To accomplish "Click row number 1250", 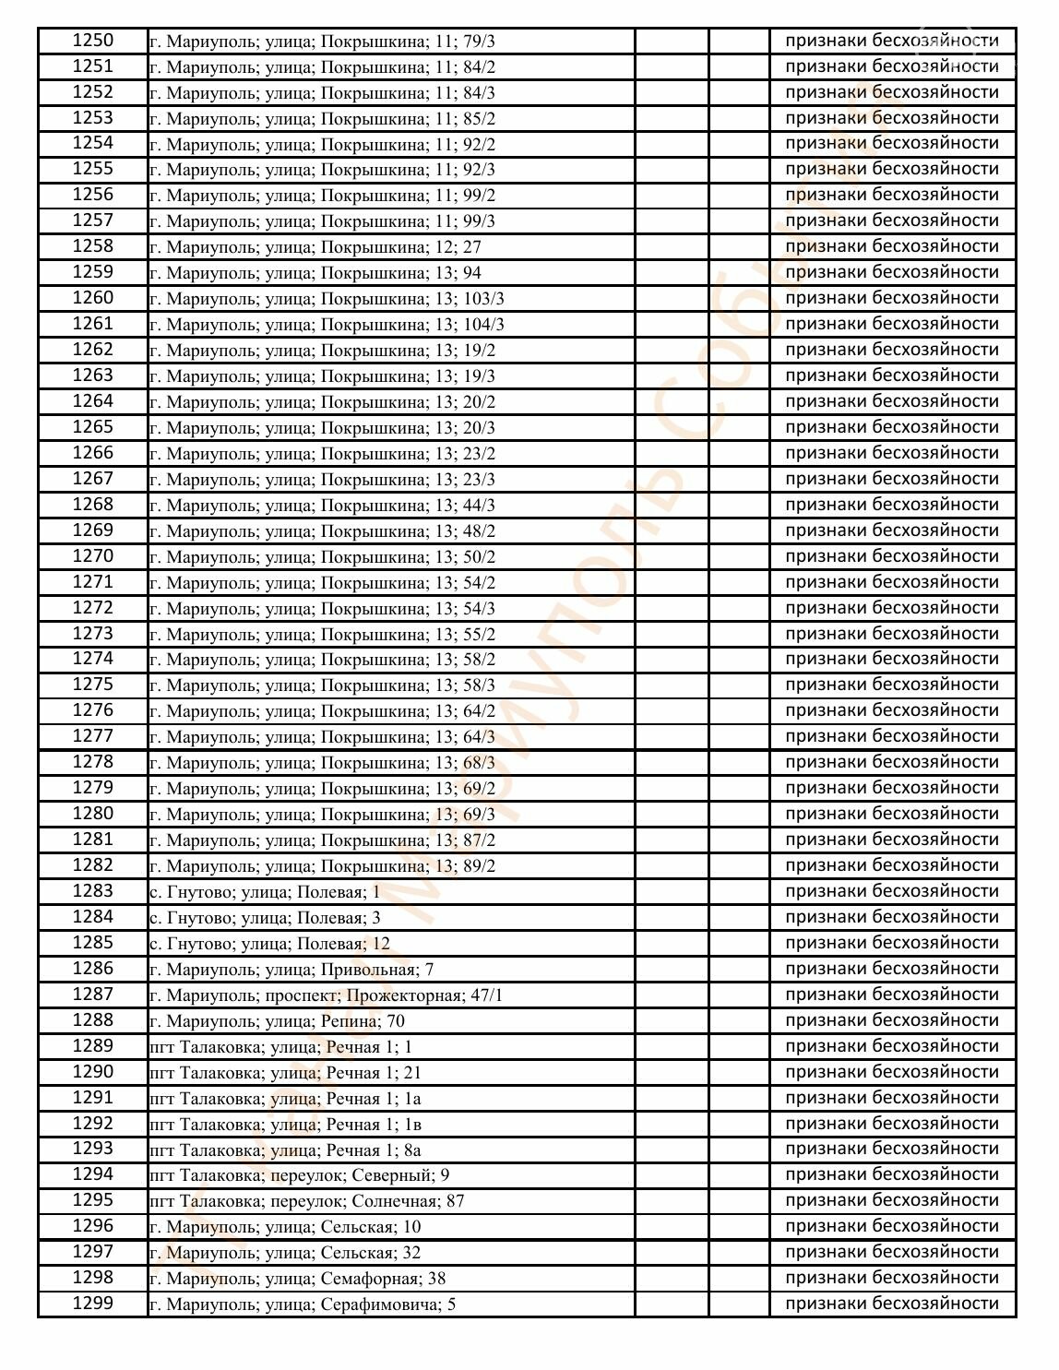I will [x=92, y=41].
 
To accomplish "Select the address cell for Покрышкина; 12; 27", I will [x=315, y=247].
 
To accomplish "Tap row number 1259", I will [x=92, y=272].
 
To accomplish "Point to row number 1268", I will [x=92, y=505].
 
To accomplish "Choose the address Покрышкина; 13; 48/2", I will [x=323, y=530].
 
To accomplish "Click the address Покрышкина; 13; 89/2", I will [x=323, y=865].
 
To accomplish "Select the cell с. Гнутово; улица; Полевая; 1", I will [x=265, y=891].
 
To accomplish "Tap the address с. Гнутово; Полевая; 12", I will [x=269, y=943].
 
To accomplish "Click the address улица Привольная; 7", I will [x=292, y=969].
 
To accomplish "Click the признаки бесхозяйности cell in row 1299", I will [x=892, y=1304].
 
